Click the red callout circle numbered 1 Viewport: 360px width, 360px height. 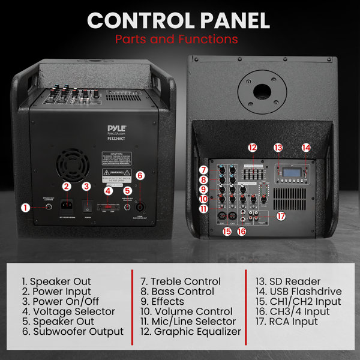click(x=25, y=208)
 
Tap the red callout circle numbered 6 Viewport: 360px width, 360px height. click(x=140, y=176)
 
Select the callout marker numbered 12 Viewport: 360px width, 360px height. click(x=253, y=148)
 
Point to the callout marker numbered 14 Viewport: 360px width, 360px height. click(x=307, y=147)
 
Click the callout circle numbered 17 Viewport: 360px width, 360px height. click(x=280, y=215)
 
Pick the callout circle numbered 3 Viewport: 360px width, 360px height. click(x=86, y=187)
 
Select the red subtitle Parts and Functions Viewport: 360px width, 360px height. click(x=179, y=40)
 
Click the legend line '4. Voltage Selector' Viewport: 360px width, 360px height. click(x=68, y=311)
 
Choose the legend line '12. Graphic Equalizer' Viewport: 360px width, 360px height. click(x=191, y=331)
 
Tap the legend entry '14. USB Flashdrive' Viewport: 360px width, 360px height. click(x=298, y=292)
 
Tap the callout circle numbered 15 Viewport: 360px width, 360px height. click(x=227, y=230)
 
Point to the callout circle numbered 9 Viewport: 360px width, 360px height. click(x=204, y=190)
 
